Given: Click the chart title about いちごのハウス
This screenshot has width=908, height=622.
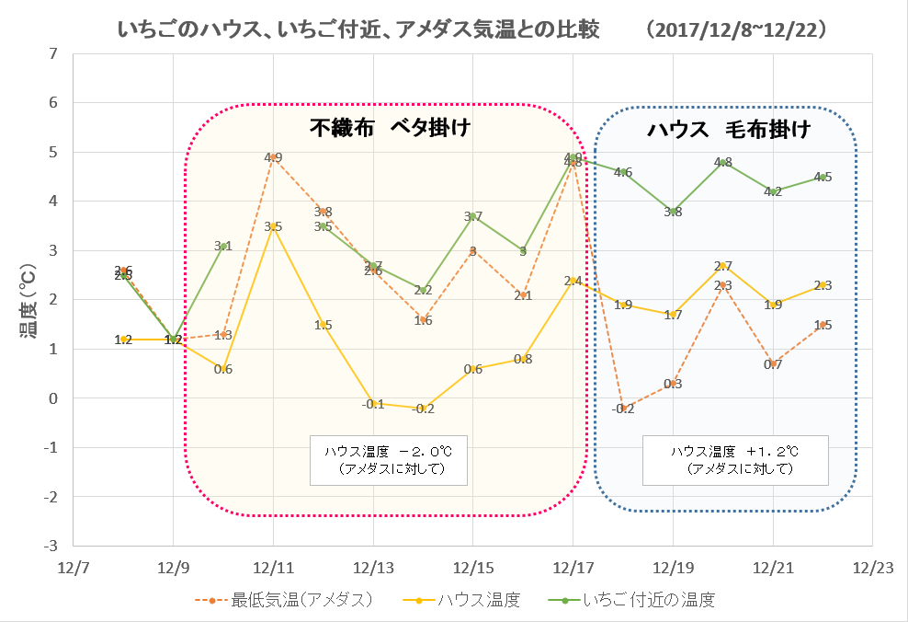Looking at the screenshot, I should point(358,30).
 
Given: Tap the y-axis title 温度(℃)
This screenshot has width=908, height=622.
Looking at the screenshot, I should point(30,299).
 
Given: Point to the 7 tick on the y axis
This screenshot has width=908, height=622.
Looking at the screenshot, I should point(52,53).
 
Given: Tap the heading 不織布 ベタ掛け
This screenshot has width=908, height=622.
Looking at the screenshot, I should point(390,129).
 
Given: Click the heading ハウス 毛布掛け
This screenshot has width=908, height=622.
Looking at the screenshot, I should point(729,130).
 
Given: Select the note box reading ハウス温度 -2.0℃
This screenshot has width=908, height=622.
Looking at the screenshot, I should point(388,460).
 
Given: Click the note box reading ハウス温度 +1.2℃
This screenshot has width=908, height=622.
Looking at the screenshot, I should point(735,460).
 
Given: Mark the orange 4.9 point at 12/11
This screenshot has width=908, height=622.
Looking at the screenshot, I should point(273,157).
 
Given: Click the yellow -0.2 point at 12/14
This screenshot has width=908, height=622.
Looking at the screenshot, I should point(423,409).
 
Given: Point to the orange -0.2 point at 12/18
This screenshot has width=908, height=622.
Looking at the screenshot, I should point(622,409).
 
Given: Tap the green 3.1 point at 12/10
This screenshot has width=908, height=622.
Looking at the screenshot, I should point(223,246).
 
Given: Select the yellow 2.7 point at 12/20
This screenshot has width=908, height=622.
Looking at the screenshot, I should point(722,266).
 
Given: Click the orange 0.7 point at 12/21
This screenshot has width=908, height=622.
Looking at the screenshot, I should point(772,364).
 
